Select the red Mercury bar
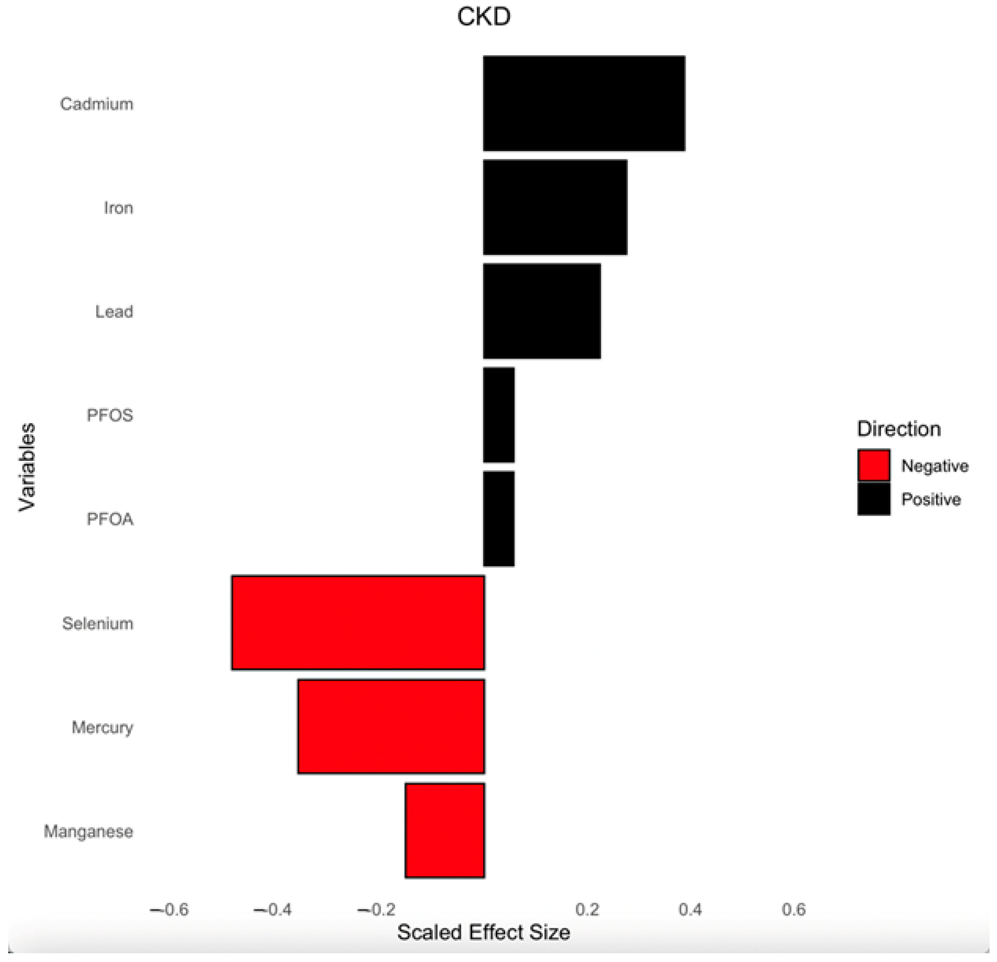[391, 726]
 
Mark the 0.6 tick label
[794, 909]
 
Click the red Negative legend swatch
[873, 465]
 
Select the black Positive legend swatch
[873, 498]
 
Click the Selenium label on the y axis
[98, 623]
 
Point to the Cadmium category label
[97, 104]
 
